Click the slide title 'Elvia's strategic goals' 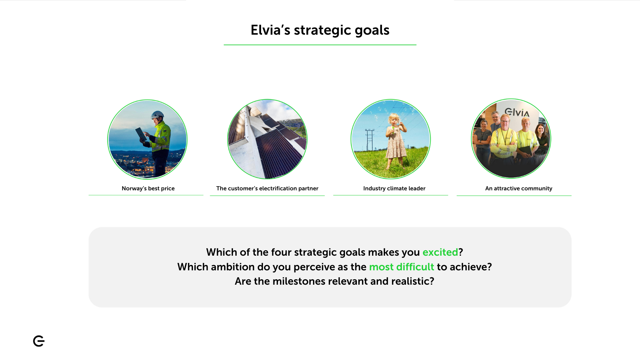(320, 30)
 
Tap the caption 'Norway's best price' (148, 188)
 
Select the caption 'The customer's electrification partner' (267, 188)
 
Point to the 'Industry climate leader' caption (394, 188)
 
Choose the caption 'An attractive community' (519, 188)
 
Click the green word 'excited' (440, 252)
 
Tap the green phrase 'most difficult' (402, 267)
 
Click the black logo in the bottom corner (39, 341)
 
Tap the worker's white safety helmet (157, 115)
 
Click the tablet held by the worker (141, 134)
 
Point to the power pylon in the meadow (369, 140)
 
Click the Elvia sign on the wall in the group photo (517, 112)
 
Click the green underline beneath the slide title (320, 45)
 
